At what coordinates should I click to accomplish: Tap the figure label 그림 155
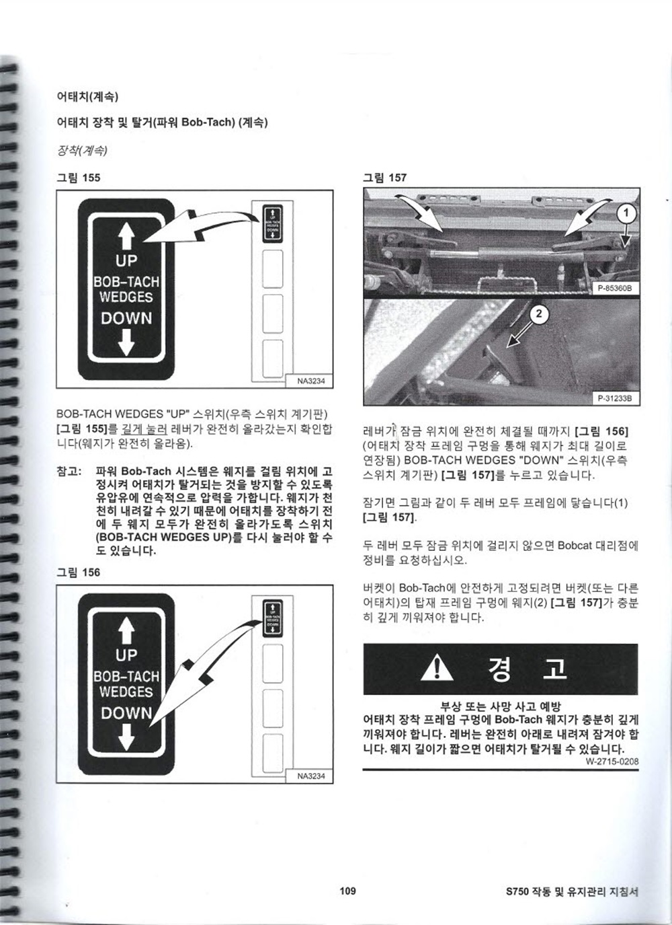(79, 178)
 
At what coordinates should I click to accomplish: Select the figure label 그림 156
(79, 572)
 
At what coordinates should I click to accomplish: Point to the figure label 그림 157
(385, 178)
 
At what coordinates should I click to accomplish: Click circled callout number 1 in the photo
(626, 213)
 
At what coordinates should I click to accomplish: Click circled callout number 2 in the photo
(539, 315)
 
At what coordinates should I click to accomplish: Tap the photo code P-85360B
(615, 288)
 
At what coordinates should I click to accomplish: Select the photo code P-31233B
(615, 398)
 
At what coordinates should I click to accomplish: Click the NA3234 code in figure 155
(311, 381)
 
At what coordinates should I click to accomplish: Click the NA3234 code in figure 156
(311, 776)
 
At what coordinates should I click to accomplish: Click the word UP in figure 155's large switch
(126, 261)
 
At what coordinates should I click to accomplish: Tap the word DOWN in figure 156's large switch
(126, 713)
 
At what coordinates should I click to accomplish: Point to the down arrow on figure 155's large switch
(126, 342)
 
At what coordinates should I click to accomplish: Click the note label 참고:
(69, 471)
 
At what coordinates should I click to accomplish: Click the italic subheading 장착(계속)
(82, 151)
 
